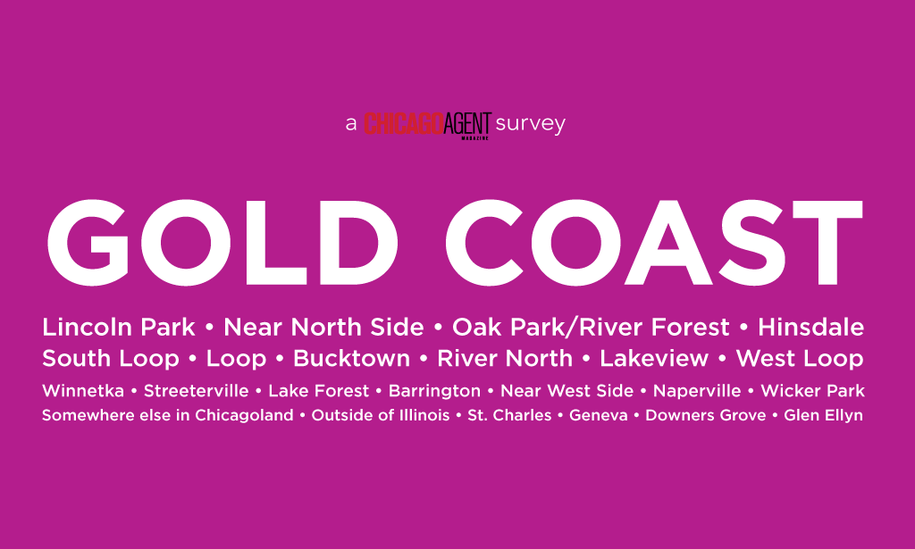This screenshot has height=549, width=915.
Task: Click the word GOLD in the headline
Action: pos(222,243)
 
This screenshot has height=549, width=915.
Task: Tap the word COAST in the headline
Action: pos(654,243)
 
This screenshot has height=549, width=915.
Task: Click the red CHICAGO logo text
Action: pos(404,123)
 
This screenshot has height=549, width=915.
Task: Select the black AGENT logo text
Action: pos(468,124)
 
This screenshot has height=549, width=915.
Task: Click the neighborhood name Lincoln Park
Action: pos(119,327)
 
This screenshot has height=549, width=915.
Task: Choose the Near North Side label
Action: pos(323,327)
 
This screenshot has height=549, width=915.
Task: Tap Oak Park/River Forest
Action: pos(592,327)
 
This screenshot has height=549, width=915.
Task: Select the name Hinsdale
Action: pos(811,327)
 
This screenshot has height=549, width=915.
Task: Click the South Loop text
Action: pos(110,359)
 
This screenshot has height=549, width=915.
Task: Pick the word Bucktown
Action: pos(352,359)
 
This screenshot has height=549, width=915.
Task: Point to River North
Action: pos(506,359)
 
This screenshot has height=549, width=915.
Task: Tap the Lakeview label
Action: pos(654,359)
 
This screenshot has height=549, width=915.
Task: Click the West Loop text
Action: pos(800,359)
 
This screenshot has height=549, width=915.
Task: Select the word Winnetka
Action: pos(83,390)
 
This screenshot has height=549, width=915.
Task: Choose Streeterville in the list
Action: pos(196,390)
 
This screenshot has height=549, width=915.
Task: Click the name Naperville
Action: pos(697,391)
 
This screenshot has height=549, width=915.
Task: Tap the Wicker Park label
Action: pos(813,390)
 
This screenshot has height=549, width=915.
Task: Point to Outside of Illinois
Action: pos(381,415)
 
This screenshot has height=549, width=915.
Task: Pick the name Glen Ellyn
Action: pos(823,415)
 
